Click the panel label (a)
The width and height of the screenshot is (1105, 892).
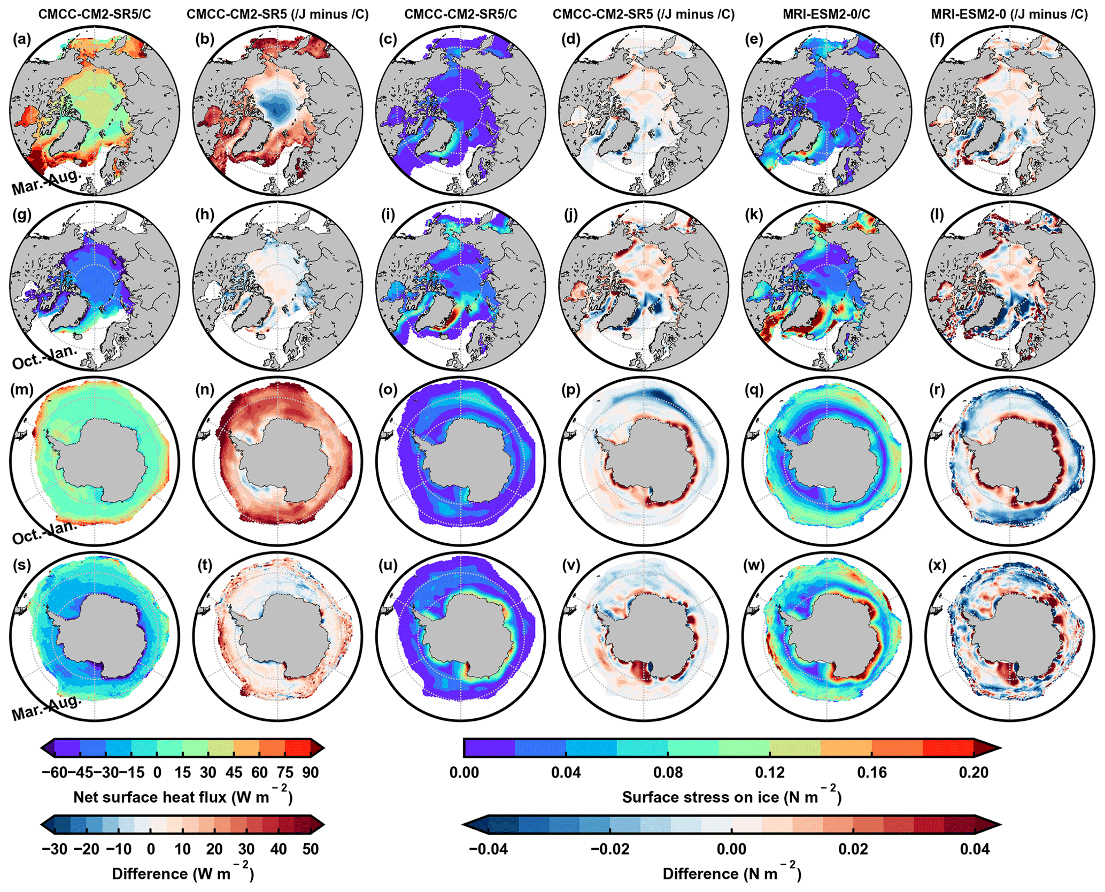point(21,39)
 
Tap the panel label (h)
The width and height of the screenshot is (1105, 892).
point(205,214)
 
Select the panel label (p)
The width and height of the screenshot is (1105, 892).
point(571,390)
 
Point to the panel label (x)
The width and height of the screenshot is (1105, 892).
point(937,565)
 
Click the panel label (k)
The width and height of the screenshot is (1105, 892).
point(754,214)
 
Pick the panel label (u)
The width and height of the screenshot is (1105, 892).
point(388,565)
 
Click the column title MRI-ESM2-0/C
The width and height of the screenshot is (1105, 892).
point(826,14)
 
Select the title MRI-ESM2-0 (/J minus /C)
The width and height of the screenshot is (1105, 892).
point(1009,14)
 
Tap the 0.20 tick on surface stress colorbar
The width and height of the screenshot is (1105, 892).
point(973,772)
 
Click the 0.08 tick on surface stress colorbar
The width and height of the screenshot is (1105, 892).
point(668,772)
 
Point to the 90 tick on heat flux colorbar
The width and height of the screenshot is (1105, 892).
point(310,772)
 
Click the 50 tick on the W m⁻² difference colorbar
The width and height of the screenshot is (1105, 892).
point(310,849)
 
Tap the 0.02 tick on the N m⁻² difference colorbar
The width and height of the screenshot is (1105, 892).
point(853,849)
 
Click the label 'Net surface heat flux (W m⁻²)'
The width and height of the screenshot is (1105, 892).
point(183,796)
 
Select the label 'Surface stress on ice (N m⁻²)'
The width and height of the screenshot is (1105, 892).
point(731,796)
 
